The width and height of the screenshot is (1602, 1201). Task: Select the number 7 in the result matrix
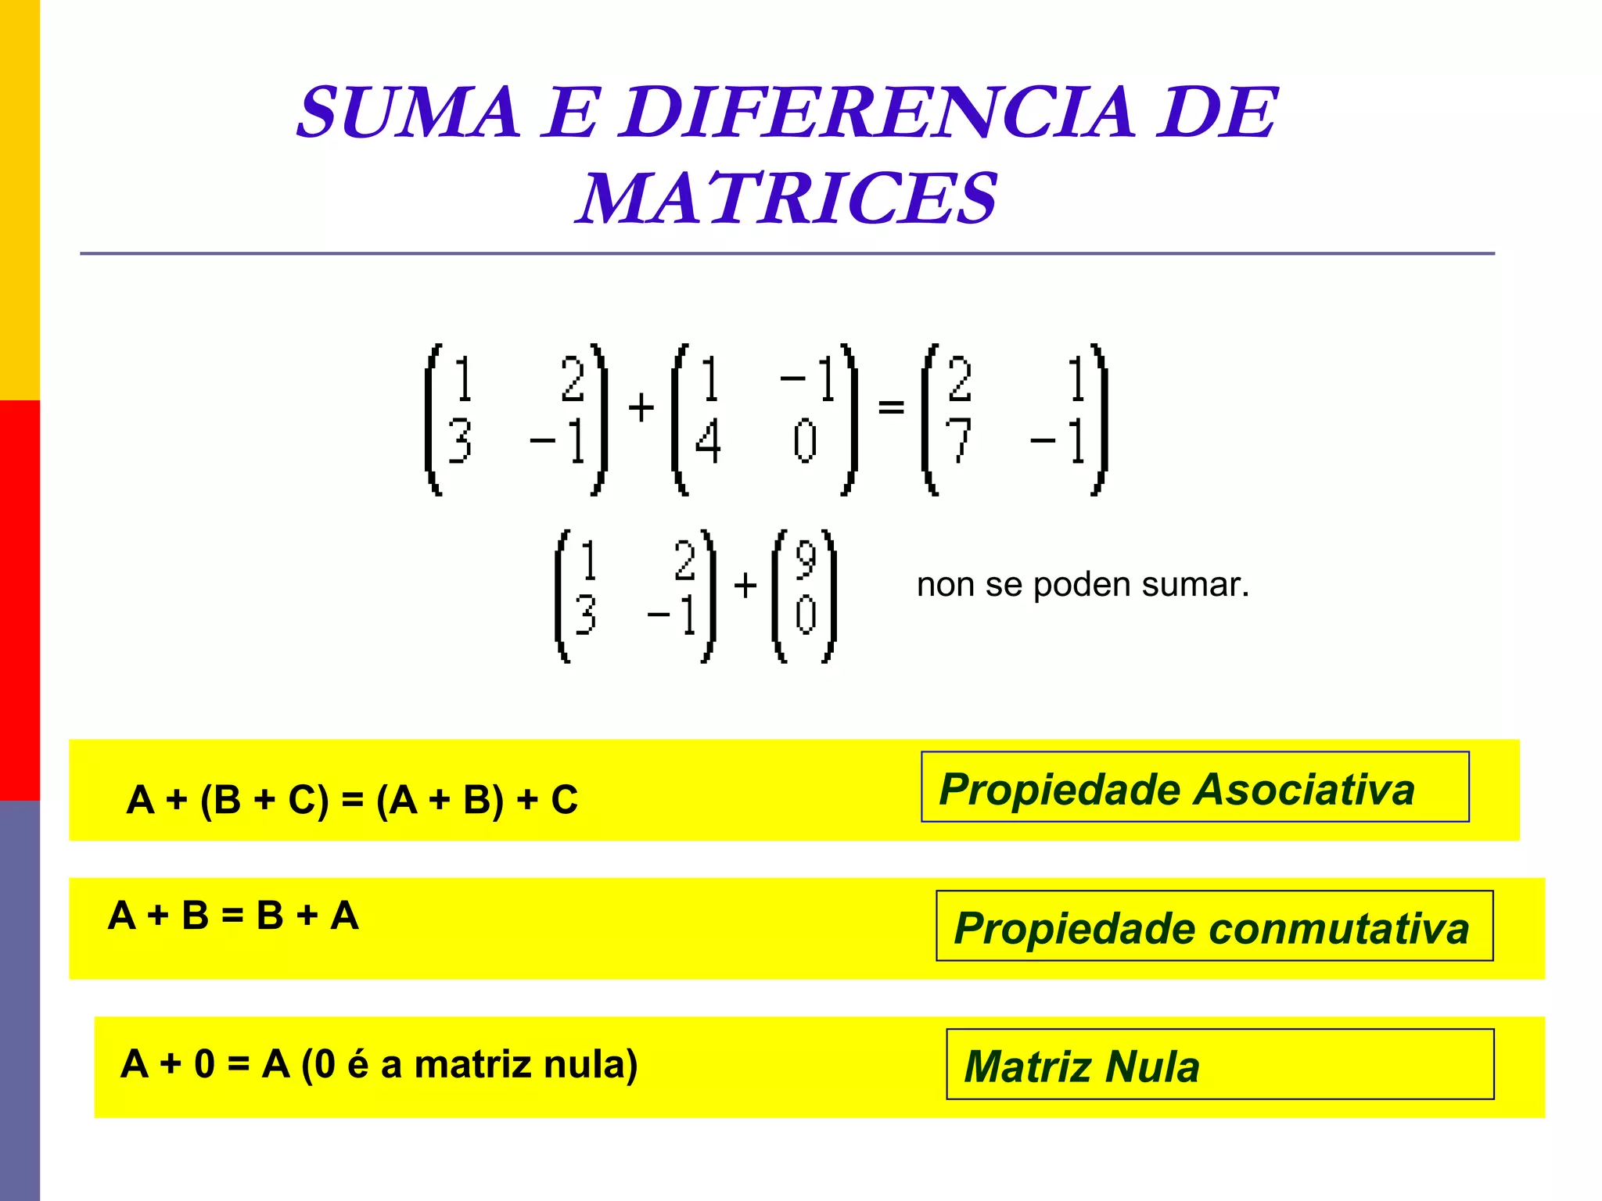click(958, 440)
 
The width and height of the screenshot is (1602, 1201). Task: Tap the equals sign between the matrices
click(891, 407)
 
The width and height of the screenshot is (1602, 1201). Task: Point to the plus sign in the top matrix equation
click(641, 407)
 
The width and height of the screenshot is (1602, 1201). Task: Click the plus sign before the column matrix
click(745, 585)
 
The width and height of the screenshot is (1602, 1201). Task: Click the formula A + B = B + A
click(233, 916)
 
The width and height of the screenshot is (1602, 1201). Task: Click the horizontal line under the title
click(786, 253)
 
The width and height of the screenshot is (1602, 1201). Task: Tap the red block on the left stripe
click(20, 600)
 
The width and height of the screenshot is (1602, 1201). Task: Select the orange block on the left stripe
click(20, 199)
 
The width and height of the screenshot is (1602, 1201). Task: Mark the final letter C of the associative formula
click(564, 800)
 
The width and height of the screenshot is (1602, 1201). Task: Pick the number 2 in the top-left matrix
click(573, 379)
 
